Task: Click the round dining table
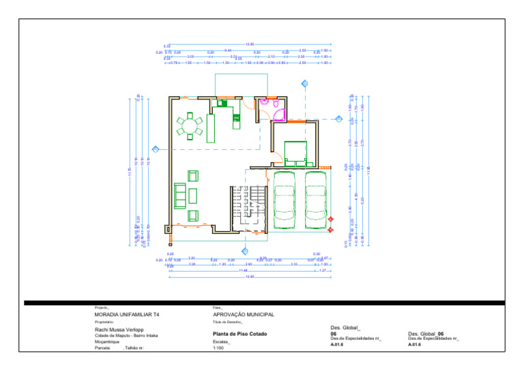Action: click(x=190, y=126)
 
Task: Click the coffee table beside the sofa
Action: click(x=193, y=196)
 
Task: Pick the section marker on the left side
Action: click(x=156, y=149)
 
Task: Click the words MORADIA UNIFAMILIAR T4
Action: click(x=128, y=315)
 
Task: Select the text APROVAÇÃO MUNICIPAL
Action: click(x=244, y=315)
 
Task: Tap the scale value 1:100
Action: click(x=220, y=348)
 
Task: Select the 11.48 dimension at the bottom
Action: click(x=244, y=271)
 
